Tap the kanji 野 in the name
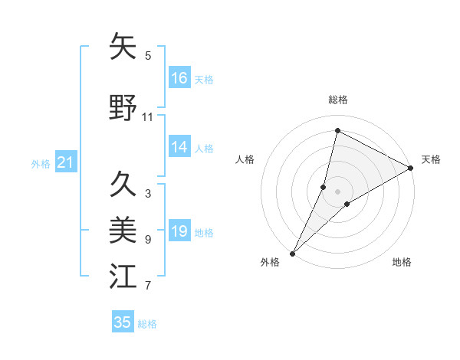(x=123, y=109)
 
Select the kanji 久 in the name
(x=123, y=184)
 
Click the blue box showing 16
(x=179, y=78)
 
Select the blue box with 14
(x=179, y=148)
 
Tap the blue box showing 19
(x=179, y=232)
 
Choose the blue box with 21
(x=65, y=162)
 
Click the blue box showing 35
(x=123, y=322)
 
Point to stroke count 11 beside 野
(x=148, y=117)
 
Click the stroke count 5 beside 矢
(x=148, y=55)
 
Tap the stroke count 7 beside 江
(x=148, y=286)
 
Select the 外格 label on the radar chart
(x=270, y=262)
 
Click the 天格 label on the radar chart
(x=431, y=159)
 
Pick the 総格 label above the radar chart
(x=338, y=100)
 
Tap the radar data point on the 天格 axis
(x=411, y=168)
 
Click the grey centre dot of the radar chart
(x=337, y=191)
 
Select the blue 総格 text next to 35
(x=147, y=324)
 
